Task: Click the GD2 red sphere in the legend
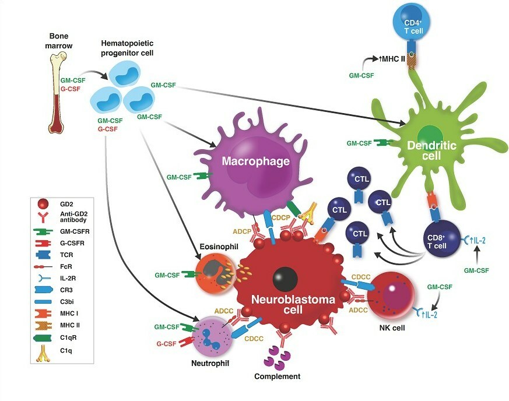(x=43, y=205)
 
